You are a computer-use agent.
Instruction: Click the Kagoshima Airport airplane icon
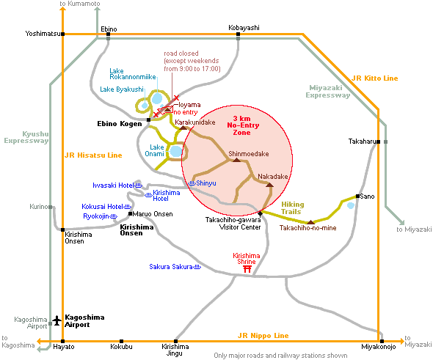57,320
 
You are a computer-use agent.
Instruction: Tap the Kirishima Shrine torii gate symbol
247,269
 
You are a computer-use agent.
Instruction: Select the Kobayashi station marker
238,34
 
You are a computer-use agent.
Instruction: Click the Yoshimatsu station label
43,34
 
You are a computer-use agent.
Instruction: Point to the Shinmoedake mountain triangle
236,160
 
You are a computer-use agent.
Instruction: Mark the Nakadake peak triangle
270,185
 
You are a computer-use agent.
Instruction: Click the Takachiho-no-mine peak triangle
311,222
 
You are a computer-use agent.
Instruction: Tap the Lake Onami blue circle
176,152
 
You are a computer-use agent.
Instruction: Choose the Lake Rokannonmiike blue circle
157,98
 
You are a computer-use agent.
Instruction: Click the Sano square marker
357,196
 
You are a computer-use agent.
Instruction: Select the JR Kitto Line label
375,78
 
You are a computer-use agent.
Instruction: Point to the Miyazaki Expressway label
328,92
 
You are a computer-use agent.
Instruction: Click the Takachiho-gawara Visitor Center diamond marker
260,213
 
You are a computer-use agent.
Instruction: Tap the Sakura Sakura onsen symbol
197,267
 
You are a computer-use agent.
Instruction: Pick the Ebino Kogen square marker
148,120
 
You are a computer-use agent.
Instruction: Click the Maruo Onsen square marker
131,214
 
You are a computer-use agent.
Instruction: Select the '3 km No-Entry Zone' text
243,125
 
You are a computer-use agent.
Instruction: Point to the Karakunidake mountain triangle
183,128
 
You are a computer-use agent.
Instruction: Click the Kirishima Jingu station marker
175,341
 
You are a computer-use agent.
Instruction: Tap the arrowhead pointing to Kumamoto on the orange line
63,9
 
